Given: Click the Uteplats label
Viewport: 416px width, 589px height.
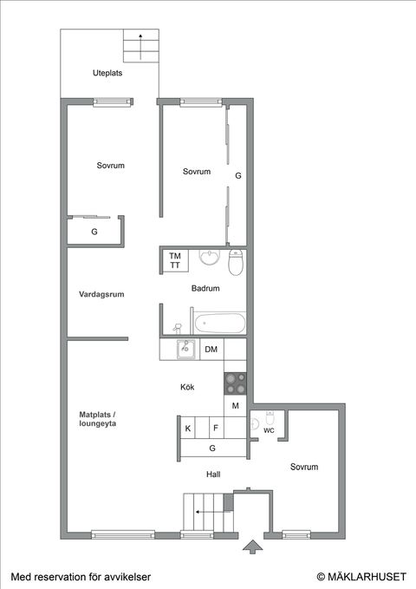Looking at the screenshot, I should tap(107, 74).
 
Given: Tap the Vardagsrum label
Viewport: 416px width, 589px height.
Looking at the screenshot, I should tap(101, 294).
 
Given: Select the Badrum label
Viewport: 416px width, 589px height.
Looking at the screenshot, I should tap(205, 288).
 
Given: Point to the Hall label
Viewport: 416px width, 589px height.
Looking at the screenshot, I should tap(213, 474).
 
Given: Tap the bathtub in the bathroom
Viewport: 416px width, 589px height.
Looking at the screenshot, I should tap(219, 324).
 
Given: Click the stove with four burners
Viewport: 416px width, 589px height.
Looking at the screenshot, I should tap(235, 383).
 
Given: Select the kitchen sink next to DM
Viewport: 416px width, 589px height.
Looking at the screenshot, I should tap(185, 350).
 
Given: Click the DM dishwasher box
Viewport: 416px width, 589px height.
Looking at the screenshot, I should tap(211, 350).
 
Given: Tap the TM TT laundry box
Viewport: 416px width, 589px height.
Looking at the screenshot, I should tap(175, 260).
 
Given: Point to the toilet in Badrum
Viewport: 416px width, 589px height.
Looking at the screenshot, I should tap(235, 261).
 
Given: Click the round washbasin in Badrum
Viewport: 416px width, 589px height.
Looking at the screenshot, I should tap(209, 258).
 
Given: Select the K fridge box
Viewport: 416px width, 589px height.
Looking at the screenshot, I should tap(188, 428).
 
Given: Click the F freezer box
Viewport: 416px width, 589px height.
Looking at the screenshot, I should tap(214, 428).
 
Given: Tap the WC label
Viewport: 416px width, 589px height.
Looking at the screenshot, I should tap(269, 430).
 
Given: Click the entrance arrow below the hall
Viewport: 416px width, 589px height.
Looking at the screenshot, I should tap(251, 546).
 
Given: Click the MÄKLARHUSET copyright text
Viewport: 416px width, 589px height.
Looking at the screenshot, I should tap(361, 576).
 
